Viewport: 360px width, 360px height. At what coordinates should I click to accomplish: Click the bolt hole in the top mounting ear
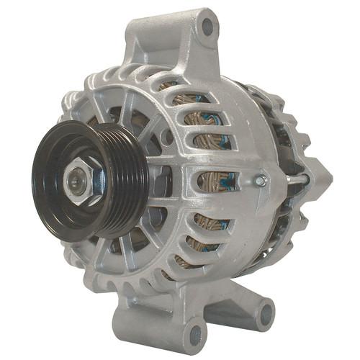(x=207, y=28)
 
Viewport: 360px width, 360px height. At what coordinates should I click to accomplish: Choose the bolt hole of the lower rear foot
(x=266, y=313)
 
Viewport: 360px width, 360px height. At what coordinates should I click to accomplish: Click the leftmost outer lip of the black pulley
(x=34, y=176)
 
